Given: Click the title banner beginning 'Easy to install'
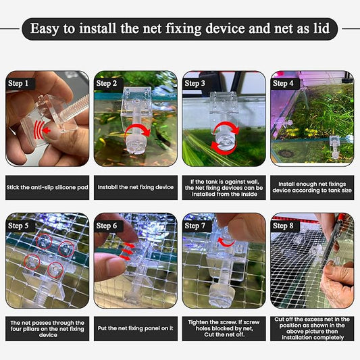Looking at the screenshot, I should pos(180,28).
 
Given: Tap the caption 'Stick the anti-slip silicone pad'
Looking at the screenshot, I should pos(47,186).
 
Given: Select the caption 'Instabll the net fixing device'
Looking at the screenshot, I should pos(135,186).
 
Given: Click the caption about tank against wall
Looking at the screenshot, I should pos(224,186).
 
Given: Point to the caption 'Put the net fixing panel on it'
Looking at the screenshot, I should pos(135,329).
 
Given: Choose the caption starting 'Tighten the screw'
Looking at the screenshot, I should pos(224,329).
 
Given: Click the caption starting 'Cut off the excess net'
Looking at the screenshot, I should pos(312,329).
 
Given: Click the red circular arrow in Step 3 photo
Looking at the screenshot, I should pos(223,135).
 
